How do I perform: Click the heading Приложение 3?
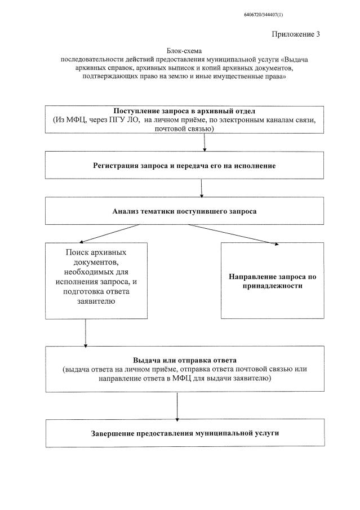click(296, 34)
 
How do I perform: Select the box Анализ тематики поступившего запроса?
click(184, 212)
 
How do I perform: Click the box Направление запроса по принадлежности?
click(272, 281)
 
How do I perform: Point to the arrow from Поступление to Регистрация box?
click(204, 143)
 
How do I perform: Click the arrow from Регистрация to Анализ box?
click(201, 189)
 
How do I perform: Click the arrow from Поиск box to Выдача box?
click(85, 332)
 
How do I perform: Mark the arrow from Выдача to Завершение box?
click(177, 406)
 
